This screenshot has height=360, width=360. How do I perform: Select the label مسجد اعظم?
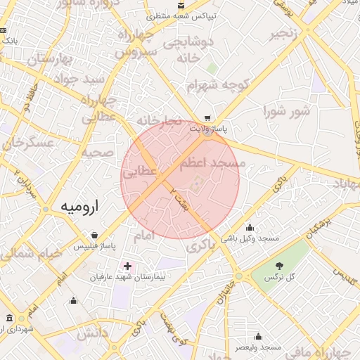coord(213,163)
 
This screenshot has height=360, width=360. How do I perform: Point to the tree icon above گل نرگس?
coord(280,266)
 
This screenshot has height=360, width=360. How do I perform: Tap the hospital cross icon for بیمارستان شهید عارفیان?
coord(127,266)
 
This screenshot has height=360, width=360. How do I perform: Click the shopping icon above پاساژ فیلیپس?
coord(94,236)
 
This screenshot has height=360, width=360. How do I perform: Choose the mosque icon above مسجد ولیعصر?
coord(258,336)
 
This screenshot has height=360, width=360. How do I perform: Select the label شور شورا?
coord(287,111)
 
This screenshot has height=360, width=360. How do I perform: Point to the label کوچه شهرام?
coord(210,85)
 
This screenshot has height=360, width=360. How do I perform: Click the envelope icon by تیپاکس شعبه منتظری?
coord(181,5)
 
